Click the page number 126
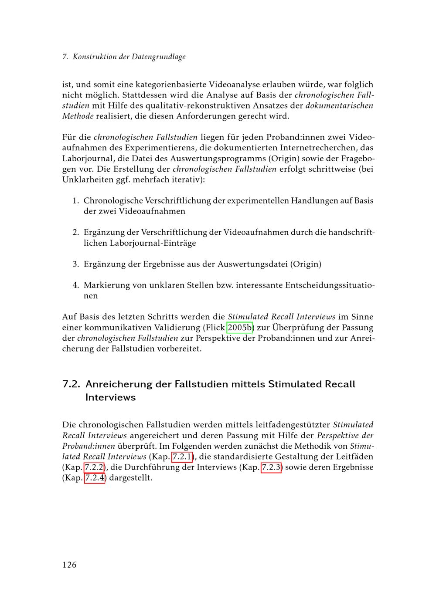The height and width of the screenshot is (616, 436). (x=69, y=565)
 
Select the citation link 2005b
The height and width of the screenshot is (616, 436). (x=240, y=328)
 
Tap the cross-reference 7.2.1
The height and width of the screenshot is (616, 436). (x=182, y=457)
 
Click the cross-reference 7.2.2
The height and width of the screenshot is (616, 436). (x=94, y=467)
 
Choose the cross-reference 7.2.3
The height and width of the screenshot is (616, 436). (x=271, y=467)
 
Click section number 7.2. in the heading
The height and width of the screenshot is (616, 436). (x=72, y=384)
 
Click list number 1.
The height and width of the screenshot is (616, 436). (x=75, y=201)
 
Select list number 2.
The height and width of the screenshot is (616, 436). (x=75, y=233)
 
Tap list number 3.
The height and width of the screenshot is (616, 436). (x=75, y=264)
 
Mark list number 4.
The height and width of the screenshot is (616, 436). (x=75, y=286)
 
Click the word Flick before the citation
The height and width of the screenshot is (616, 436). (x=215, y=328)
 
